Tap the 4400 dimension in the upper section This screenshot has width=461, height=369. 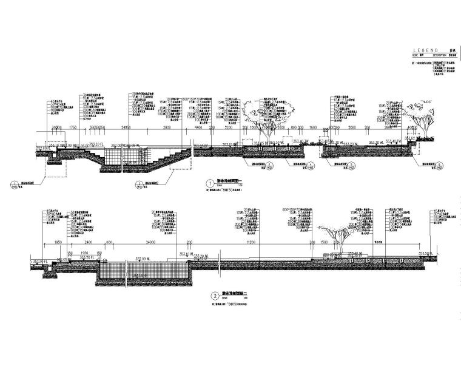tap(198, 129)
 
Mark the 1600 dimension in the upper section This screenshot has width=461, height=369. tap(313, 129)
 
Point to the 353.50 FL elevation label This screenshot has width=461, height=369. tap(424, 253)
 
